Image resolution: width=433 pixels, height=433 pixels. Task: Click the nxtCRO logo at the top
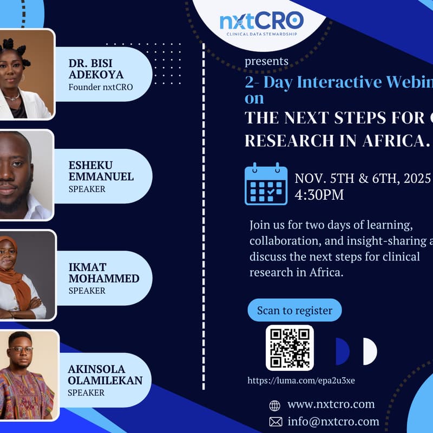click(261, 22)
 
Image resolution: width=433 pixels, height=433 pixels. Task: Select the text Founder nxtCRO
click(101, 87)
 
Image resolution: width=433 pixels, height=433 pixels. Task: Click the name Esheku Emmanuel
click(101, 171)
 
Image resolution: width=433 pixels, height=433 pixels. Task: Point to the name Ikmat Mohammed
click(103, 273)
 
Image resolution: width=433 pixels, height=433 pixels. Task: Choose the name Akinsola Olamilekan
click(105, 375)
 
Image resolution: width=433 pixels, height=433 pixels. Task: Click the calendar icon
click(266, 184)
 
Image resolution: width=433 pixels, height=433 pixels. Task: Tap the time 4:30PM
click(319, 195)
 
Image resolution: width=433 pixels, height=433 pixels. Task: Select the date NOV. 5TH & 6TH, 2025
click(363, 178)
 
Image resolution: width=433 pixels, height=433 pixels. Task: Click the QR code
click(290, 348)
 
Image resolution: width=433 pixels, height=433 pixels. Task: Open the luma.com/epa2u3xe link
click(301, 380)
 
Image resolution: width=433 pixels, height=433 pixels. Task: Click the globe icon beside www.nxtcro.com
click(275, 405)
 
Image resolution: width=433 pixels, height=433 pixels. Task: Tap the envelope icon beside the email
click(275, 422)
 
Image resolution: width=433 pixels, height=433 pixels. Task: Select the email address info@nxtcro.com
click(333, 422)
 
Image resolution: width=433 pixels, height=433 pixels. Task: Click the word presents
click(266, 61)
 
